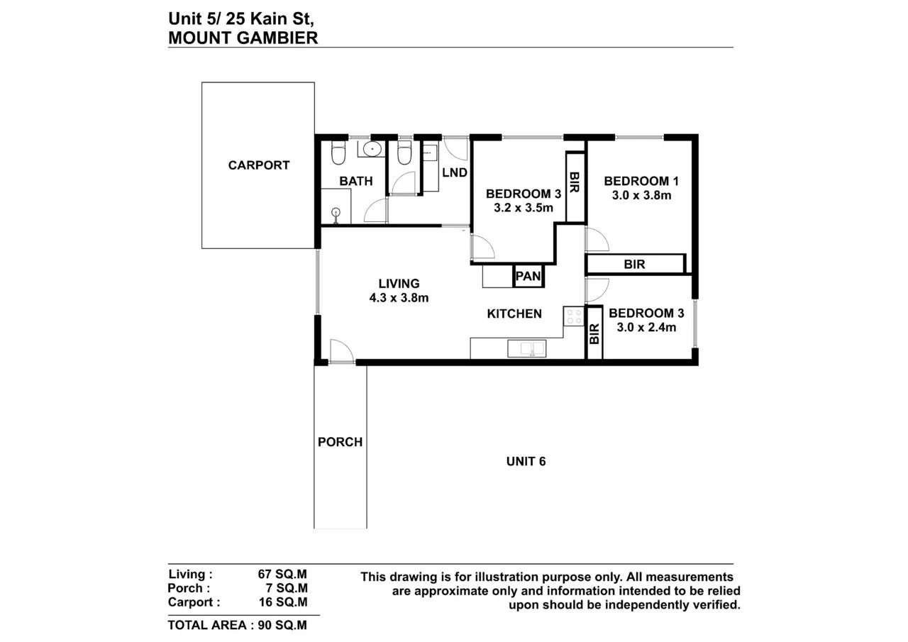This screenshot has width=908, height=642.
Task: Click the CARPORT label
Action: coord(259,165)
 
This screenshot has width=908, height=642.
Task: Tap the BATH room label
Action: coord(355,181)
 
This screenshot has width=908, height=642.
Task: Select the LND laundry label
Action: coord(454,172)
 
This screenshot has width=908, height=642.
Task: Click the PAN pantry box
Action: coord(528,276)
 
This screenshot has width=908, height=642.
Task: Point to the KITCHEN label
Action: coord(514,314)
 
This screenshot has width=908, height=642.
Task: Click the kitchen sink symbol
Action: coord(527,348)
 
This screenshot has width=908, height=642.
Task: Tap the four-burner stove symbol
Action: coord(573,316)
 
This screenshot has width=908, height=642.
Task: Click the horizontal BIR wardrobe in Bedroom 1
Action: coord(634,264)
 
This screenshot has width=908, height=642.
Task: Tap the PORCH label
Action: coord(340,442)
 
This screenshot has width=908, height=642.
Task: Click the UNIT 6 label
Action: coord(526,461)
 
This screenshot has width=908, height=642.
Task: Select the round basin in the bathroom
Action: coord(372,150)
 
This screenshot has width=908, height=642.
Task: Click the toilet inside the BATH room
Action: coord(338,153)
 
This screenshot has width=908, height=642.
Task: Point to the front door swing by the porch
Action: coord(340,350)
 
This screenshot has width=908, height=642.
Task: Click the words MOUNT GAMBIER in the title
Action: coord(243,38)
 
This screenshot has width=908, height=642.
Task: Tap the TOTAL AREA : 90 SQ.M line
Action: coord(237,625)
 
